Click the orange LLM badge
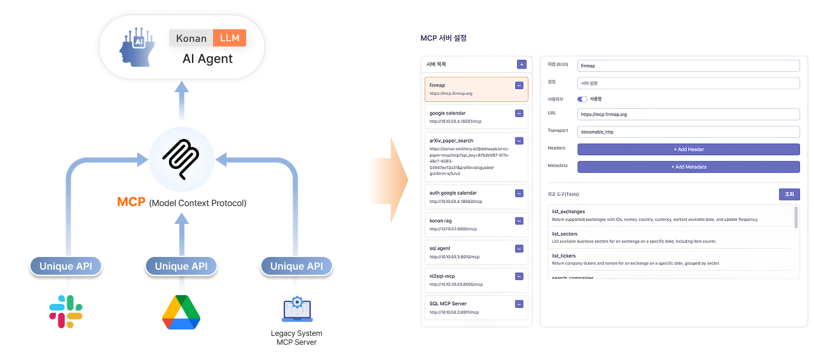click(230, 38)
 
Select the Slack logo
click(66, 312)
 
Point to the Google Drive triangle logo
click(181, 312)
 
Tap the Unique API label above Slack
click(66, 266)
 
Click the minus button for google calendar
click(519, 113)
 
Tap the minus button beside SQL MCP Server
click(519, 304)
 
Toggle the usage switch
click(582, 99)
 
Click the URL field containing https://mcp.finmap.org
click(688, 114)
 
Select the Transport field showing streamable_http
click(688, 132)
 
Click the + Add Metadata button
click(688, 167)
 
